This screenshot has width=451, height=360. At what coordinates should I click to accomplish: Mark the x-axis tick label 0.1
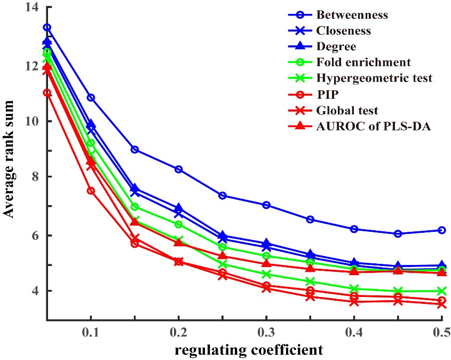[x=91, y=332]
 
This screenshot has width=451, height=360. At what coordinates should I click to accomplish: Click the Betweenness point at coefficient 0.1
[x=91, y=98]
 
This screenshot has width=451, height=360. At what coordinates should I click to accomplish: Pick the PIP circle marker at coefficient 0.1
[x=91, y=191]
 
